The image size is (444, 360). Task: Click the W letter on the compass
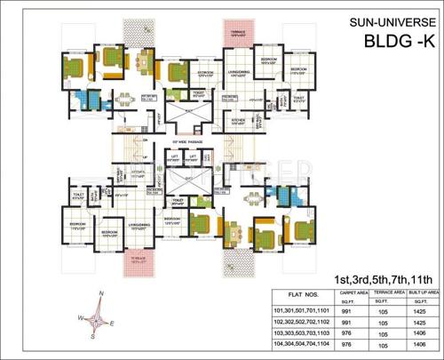(81, 317)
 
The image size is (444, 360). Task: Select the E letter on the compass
(123, 326)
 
